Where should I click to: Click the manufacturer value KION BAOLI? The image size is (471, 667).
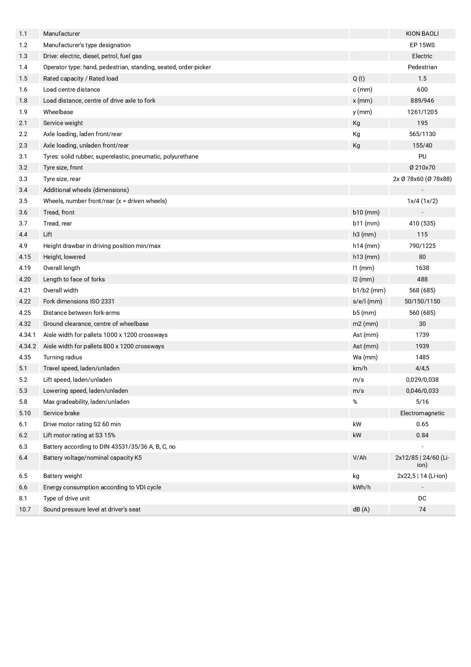coord(422,34)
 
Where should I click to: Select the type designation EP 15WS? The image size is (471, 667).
coord(422,45)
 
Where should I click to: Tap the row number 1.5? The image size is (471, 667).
coord(23,78)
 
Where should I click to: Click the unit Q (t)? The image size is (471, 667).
coord(359,78)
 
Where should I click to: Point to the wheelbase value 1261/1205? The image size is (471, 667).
coord(422,112)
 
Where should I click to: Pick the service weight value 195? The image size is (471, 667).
coord(422,123)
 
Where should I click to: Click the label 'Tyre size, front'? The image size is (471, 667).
coord(63,167)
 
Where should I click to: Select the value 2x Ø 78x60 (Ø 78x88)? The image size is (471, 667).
coord(422,179)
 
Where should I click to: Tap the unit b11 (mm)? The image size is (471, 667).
coord(366,223)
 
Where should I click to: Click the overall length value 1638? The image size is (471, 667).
coord(422,268)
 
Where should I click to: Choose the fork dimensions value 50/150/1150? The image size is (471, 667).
coord(422,301)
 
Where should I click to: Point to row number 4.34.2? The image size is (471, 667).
coord(27,346)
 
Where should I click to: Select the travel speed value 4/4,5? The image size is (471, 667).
coord(422,368)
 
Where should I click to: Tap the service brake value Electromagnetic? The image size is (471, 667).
coord(422,413)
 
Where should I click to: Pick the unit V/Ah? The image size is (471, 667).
coord(359,457)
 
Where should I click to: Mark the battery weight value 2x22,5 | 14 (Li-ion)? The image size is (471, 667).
coord(422,476)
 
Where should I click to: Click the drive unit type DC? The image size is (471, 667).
coord(422,498)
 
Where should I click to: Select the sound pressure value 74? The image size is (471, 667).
coord(422,509)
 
